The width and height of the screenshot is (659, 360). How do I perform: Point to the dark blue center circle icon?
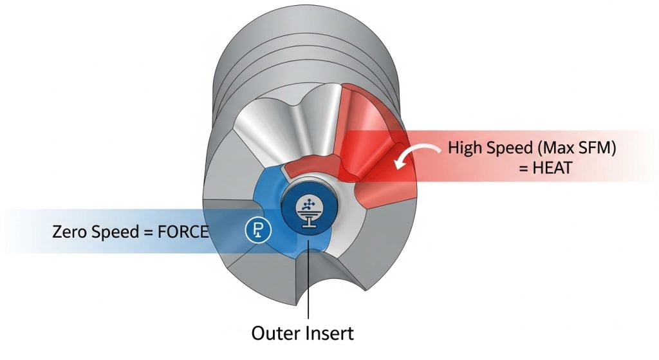coord(310,211)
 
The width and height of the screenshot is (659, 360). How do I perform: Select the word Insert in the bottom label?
coord(329,333)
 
